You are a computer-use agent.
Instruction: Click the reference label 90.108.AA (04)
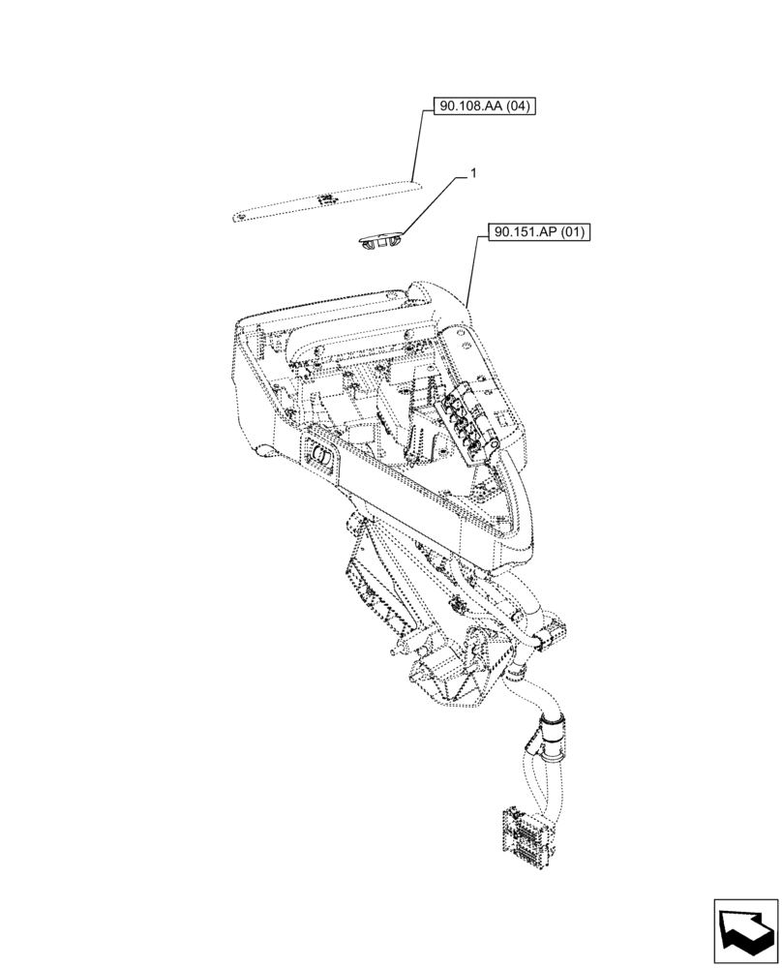point(478,106)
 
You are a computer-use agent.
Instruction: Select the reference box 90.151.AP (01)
point(541,233)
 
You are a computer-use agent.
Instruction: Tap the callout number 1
point(472,173)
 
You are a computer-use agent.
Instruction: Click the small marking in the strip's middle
point(326,198)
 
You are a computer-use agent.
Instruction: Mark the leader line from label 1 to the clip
point(435,203)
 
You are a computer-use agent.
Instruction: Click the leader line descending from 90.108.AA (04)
point(417,145)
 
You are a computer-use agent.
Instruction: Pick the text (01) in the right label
point(575,233)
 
